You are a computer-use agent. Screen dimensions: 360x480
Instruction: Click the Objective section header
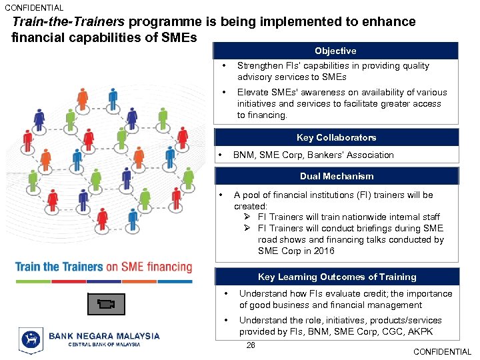click(335, 51)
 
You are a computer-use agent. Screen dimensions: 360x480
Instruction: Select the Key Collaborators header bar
click(336, 137)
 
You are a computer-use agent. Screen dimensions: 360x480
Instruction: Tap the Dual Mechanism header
click(336, 176)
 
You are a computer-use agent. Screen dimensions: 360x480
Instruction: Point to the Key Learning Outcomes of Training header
click(337, 277)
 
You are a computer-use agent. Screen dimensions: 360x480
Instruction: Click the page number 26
click(251, 345)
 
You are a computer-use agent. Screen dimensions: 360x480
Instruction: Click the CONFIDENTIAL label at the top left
click(34, 8)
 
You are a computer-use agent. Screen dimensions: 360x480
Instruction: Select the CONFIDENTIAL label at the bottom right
click(442, 352)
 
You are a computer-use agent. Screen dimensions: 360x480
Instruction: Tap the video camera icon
click(105, 304)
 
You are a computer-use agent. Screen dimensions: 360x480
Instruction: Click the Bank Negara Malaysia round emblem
click(31, 339)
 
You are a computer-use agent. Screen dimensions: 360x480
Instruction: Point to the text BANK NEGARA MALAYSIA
click(104, 336)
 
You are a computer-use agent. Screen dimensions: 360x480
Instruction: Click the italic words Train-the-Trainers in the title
click(64, 22)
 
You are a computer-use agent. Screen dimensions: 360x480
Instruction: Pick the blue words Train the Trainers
click(59, 267)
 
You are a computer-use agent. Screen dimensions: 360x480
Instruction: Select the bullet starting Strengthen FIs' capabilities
click(333, 71)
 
